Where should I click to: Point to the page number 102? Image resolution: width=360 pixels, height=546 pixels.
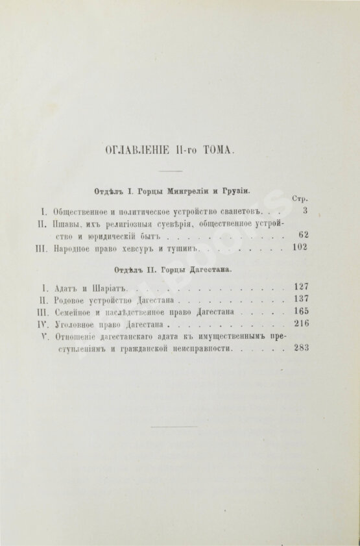299,247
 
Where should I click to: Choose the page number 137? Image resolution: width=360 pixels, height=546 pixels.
299,300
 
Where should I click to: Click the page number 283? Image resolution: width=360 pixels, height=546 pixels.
299,348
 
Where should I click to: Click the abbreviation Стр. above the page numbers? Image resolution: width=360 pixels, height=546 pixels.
300,199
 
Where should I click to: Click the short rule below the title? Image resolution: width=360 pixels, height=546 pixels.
171,172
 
